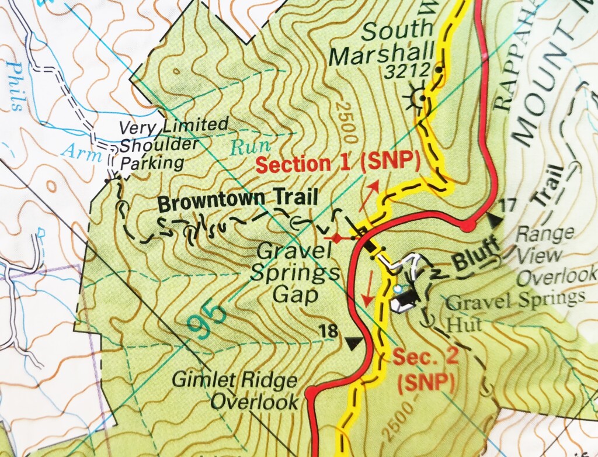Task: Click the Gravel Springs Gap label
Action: point(298,272)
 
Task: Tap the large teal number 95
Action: point(208,320)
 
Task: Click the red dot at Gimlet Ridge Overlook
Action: point(310,391)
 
